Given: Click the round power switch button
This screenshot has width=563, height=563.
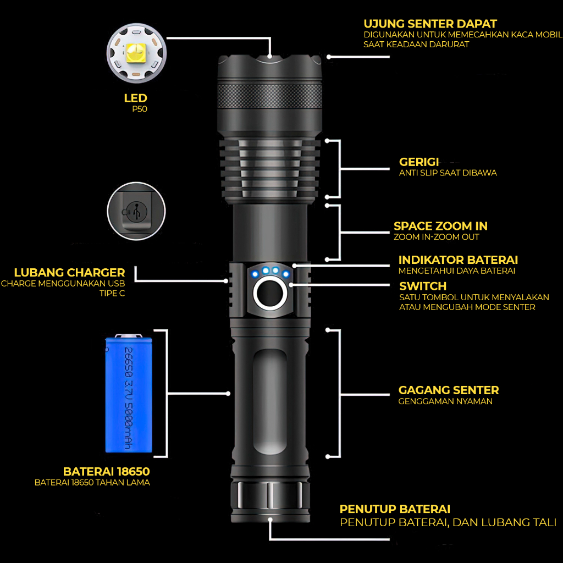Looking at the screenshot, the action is (270, 294).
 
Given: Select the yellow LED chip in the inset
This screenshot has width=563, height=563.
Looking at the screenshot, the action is (136, 52).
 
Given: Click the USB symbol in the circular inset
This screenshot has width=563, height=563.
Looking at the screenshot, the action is (136, 211).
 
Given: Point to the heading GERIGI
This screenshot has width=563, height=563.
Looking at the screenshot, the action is (419, 162).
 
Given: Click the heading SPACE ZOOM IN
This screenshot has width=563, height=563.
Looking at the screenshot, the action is (440, 226).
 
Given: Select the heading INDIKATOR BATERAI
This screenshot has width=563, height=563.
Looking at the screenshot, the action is (458, 260).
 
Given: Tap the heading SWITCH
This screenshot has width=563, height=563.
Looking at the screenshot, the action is (423, 286).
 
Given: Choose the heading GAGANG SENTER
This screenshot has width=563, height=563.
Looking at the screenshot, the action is (449, 390).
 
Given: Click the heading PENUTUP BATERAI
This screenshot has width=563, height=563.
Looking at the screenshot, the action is (395, 509).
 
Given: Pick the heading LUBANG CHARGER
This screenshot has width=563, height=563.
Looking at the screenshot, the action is (70, 273).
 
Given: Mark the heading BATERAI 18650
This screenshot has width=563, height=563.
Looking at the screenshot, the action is (107, 472).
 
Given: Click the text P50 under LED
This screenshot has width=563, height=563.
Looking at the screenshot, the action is (140, 109).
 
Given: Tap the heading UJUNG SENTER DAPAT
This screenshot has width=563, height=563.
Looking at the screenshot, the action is (430, 24).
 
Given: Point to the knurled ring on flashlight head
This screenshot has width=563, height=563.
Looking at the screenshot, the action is (269, 96).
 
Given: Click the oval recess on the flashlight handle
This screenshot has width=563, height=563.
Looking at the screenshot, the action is (269, 401).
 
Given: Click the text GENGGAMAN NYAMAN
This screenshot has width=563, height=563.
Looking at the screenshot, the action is (445, 401).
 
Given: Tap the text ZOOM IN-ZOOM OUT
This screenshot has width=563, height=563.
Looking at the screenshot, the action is (436, 237).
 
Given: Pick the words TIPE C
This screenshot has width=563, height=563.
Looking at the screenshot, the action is (112, 294).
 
